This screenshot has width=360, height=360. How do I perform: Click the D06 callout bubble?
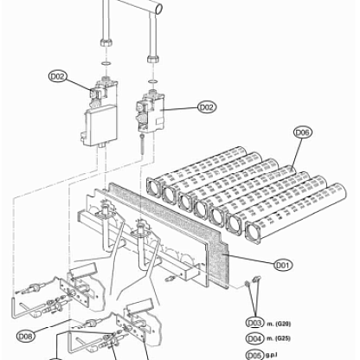pyautogui.click(x=303, y=132)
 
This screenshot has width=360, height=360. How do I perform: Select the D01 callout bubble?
pyautogui.click(x=283, y=265)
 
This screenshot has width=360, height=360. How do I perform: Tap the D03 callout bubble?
pyautogui.click(x=255, y=323)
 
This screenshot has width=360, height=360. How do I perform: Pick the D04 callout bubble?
pyautogui.click(x=255, y=338)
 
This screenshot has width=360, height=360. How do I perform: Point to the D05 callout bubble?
pyautogui.click(x=255, y=355)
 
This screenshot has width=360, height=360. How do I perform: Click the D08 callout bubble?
pyautogui.click(x=26, y=336)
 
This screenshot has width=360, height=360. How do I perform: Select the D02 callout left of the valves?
pyautogui.click(x=58, y=76)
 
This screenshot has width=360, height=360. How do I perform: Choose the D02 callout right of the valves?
pyautogui.click(x=207, y=107)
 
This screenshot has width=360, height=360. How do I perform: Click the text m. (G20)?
pyautogui.click(x=279, y=324)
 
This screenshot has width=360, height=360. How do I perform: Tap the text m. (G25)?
pyautogui.click(x=279, y=338)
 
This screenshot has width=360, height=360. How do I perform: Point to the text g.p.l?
pyautogui.click(x=272, y=355)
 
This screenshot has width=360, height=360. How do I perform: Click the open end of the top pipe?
pyautogui.click(x=158, y=8)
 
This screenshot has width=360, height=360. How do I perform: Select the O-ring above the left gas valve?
pyautogui.click(x=106, y=63)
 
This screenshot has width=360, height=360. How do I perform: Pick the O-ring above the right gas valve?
pyautogui.click(x=153, y=81)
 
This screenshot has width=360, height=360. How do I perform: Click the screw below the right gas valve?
pyautogui.click(x=142, y=145)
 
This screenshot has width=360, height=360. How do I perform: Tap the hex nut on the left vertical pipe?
pyautogui.click(x=106, y=42)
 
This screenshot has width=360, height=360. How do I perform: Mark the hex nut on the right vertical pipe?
pyautogui.click(x=153, y=59)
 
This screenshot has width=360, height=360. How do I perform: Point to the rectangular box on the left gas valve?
pyautogui.click(x=101, y=125)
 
